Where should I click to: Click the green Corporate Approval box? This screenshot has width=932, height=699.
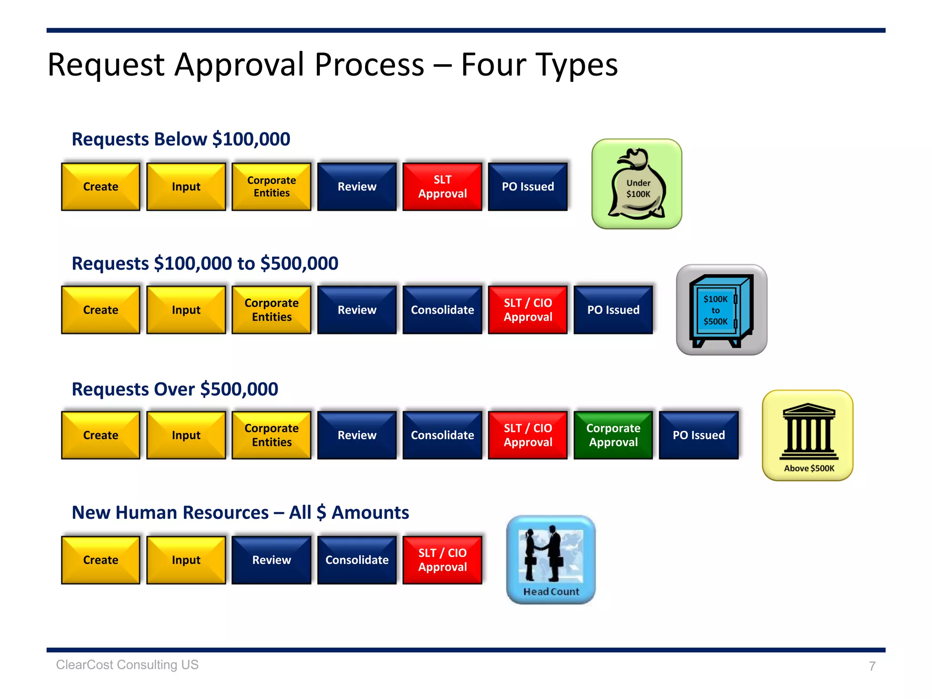point(613,435)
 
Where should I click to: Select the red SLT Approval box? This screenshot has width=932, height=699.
point(442,187)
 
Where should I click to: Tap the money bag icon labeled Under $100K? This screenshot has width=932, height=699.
point(637,184)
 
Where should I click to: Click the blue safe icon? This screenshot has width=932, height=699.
point(721,310)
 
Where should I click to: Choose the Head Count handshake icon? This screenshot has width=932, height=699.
point(551,560)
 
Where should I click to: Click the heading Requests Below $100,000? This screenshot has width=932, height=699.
point(181,139)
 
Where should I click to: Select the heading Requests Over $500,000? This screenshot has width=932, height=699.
point(175,390)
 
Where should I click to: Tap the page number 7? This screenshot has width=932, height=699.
point(872,666)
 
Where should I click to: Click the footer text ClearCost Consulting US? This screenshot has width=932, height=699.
point(127,665)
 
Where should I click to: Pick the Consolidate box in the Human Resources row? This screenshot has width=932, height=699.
point(357,560)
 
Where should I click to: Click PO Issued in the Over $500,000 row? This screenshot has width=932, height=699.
point(699,435)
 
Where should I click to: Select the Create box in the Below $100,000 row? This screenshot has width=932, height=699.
point(101,187)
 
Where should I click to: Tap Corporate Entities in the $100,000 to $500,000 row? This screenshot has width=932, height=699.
point(272,310)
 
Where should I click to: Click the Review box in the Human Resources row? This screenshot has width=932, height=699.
point(272,560)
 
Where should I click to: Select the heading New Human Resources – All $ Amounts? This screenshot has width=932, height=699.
point(240,513)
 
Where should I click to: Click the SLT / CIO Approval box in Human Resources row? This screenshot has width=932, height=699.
point(442,560)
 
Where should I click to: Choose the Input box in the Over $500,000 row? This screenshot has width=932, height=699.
point(186,435)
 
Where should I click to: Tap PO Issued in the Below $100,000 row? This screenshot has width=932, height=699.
point(528,187)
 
